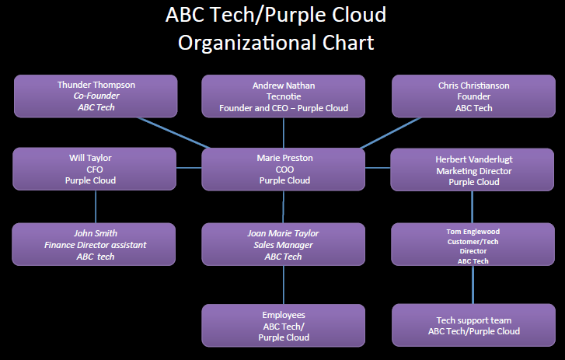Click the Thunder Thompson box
[95, 96]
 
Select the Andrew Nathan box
[283, 96]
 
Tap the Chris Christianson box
[473, 96]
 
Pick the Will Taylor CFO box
[95, 169]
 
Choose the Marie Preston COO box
[283, 169]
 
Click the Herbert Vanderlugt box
[473, 170]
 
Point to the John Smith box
[95, 244]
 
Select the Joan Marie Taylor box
[283, 244]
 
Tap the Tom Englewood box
[473, 244]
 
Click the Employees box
[283, 325]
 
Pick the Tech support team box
[473, 325]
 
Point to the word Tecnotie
[283, 96]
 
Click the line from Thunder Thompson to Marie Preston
[174, 132]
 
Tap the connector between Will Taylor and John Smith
[96, 207]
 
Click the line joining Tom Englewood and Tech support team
[473, 285]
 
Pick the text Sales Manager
[283, 245]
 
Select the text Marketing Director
[473, 170]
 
